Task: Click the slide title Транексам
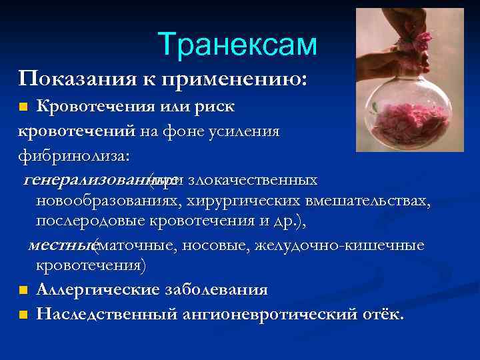pyautogui.click(x=238, y=45)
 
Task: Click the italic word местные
pyautogui.click(x=61, y=246)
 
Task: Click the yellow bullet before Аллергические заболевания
pyautogui.click(x=23, y=291)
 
